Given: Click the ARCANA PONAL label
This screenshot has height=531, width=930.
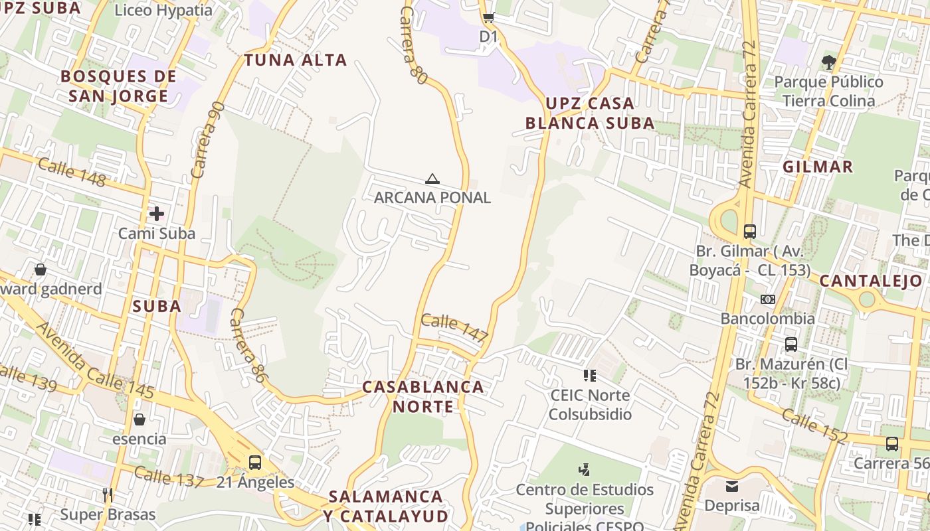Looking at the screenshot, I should click(432, 197).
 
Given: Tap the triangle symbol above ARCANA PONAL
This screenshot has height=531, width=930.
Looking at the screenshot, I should click(432, 179).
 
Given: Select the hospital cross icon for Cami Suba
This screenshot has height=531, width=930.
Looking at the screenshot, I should click(156, 214).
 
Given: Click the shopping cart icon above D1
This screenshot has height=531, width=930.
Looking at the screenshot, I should click(488, 18).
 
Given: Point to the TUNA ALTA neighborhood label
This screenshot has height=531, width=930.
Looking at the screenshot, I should click(296, 60).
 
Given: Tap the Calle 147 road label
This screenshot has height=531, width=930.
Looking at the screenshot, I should click(455, 327).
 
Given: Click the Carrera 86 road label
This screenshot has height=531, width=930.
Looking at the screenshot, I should click(248, 346).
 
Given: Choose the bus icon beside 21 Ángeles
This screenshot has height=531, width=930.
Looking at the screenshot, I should click(254, 463).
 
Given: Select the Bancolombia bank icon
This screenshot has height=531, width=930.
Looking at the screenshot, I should click(768, 299).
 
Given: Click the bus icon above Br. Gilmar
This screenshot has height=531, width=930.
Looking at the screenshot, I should click(750, 232).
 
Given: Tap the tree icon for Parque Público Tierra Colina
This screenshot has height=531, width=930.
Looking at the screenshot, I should click(828, 63).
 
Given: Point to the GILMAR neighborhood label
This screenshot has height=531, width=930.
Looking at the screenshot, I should click(818, 167).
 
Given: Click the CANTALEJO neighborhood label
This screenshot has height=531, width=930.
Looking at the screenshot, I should click(871, 281).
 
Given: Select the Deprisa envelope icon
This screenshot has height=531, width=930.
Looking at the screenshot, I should click(731, 487).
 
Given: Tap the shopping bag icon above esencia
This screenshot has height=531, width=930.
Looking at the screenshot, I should click(139, 419).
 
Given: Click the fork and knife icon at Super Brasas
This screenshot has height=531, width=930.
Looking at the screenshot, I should click(107, 495).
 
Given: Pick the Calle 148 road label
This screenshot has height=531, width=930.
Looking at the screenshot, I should click(72, 173).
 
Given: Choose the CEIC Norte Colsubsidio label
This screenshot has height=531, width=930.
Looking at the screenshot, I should click(591, 405).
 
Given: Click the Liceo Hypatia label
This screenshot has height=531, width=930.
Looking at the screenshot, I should click(163, 11).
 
